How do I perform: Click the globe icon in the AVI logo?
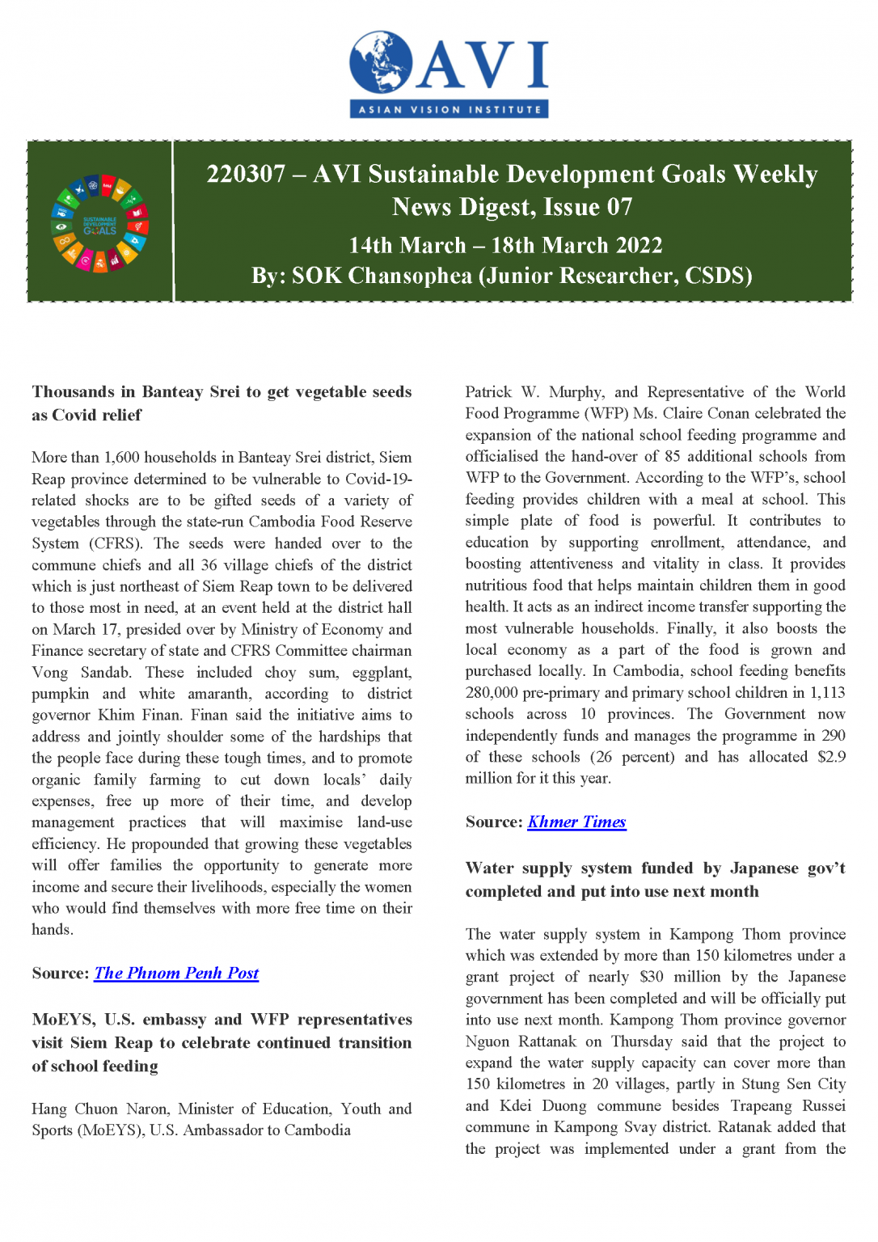click(381, 62)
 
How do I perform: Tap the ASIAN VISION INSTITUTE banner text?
click(450, 109)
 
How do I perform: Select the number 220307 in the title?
click(246, 174)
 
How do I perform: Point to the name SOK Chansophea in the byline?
click(382, 277)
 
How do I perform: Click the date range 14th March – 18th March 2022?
click(505, 245)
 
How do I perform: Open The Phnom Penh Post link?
click(176, 973)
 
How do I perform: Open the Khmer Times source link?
click(576, 822)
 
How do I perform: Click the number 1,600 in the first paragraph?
click(122, 457)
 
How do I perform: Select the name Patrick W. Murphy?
click(534, 392)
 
